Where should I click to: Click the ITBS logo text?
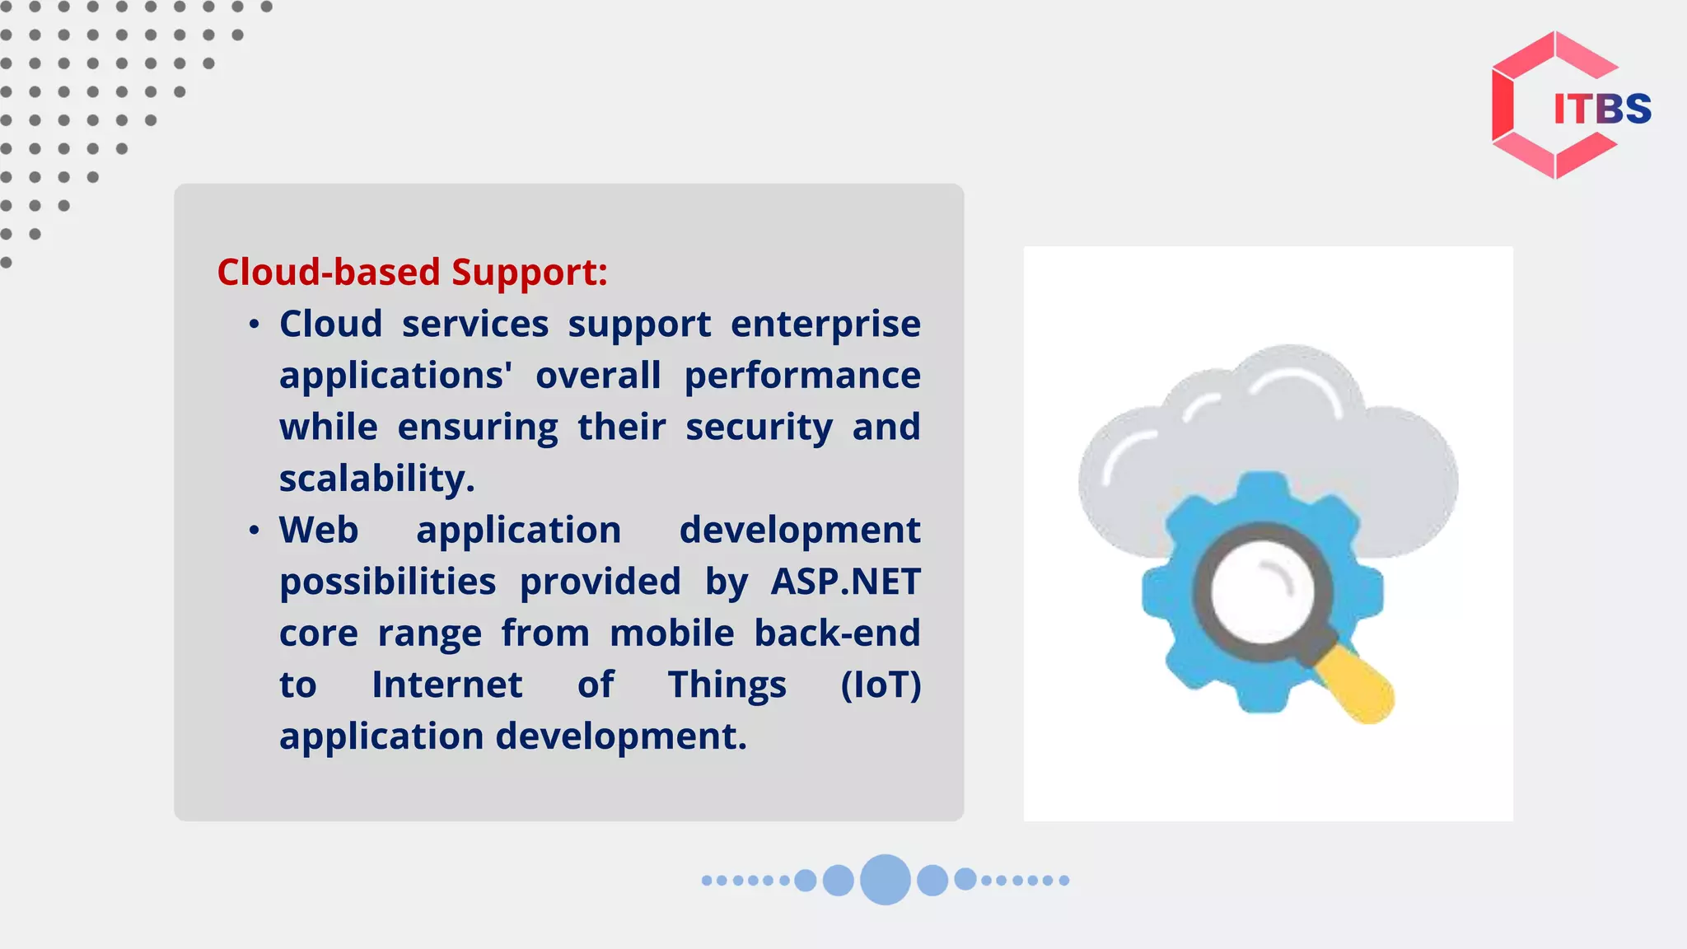click(1601, 109)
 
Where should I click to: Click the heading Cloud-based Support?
click(412, 272)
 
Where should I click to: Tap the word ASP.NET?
click(845, 582)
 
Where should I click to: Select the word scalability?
click(376, 479)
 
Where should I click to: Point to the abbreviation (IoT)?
click(880, 685)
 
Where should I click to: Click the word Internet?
click(446, 685)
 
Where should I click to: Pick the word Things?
click(727, 685)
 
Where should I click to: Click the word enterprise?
click(825, 324)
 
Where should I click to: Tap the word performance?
click(802, 376)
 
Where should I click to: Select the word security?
click(759, 428)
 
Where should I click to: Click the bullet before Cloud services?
click(255, 325)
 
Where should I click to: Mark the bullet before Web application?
click(255, 531)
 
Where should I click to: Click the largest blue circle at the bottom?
click(885, 880)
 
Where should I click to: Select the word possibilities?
click(387, 582)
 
